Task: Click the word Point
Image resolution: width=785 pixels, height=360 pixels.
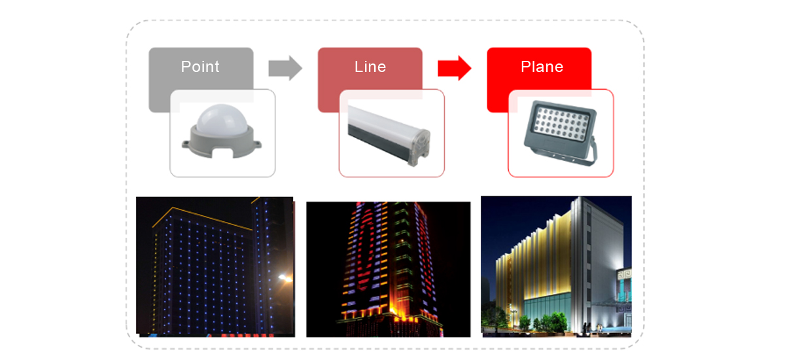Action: click(200, 67)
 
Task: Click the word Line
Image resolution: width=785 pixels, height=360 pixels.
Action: click(370, 67)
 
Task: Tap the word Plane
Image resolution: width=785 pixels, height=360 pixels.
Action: click(542, 67)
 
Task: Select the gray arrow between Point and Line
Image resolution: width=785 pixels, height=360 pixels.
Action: click(285, 68)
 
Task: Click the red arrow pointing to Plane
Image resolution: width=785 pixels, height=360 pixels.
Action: click(454, 68)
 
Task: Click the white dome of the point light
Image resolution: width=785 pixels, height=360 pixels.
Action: click(222, 119)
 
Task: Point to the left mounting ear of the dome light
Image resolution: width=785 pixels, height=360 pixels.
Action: click(186, 144)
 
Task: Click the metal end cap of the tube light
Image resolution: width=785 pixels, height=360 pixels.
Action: click(419, 148)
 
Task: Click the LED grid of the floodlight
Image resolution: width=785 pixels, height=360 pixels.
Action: click(561, 124)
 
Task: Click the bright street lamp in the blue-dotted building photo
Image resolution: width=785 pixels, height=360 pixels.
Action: click(285, 278)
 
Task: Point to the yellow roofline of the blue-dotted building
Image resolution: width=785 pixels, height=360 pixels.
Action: click(201, 217)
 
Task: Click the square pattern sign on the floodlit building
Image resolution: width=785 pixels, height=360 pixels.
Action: click(624, 274)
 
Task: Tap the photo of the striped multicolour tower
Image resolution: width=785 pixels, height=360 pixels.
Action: click(389, 269)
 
